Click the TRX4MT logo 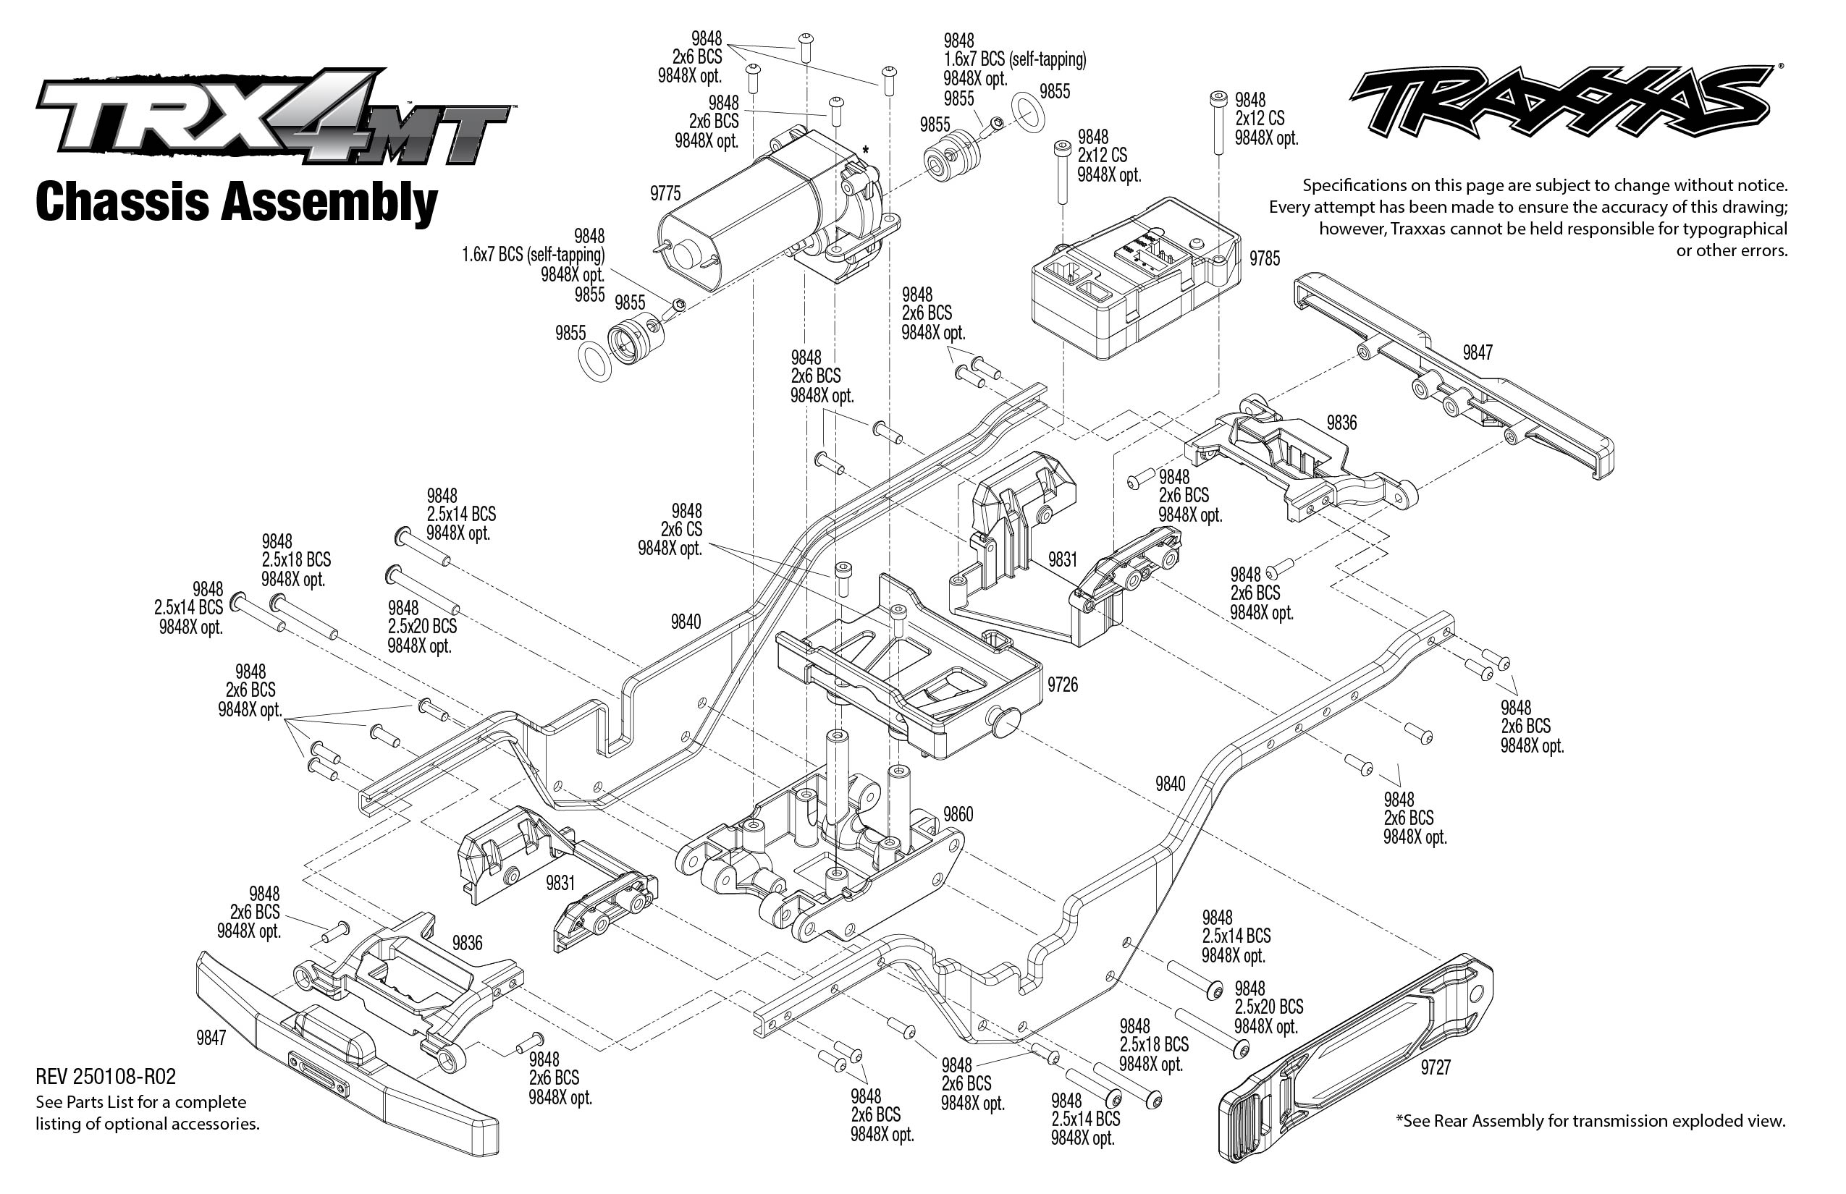[x=271, y=117]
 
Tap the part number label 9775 [x=665, y=194]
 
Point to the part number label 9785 [x=1264, y=258]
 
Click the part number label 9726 [x=1062, y=685]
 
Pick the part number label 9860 [x=958, y=814]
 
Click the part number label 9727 [x=1435, y=1068]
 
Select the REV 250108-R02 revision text [x=106, y=1077]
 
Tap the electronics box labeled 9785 [x=1132, y=279]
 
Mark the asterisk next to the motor [x=865, y=150]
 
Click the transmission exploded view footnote [x=1590, y=1120]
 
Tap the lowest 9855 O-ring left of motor [x=595, y=361]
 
